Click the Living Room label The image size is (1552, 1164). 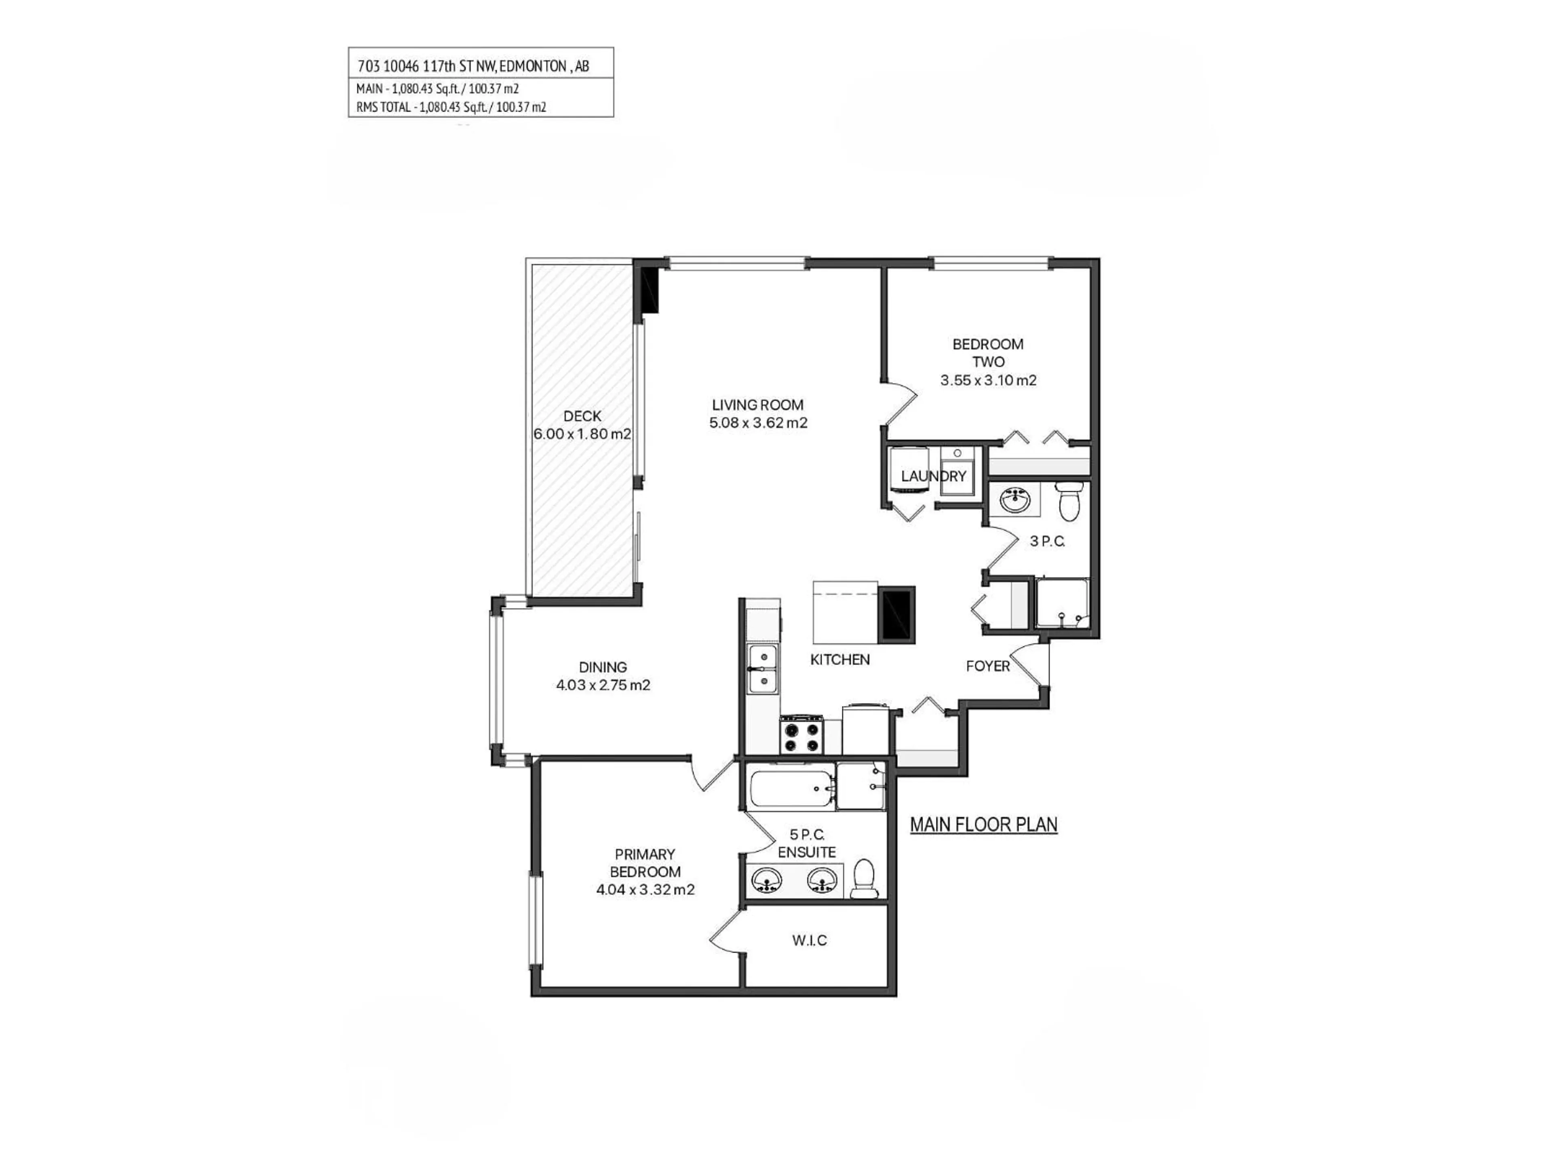(x=758, y=405)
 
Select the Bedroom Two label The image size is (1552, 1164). (x=988, y=353)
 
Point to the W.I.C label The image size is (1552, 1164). (x=810, y=940)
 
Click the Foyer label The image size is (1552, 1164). (x=987, y=666)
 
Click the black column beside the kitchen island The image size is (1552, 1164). (x=897, y=615)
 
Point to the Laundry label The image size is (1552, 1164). (x=933, y=477)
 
